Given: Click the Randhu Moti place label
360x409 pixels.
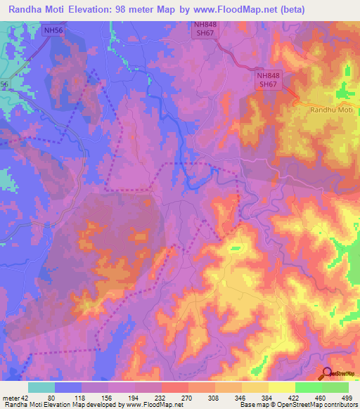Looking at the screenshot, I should [x=331, y=110].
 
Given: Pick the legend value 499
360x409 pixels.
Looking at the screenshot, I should [x=349, y=397].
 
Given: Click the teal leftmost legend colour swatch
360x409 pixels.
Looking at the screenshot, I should [x=41, y=387].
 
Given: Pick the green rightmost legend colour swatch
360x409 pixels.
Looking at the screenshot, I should [x=335, y=387].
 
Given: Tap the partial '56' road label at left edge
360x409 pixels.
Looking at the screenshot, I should [x=4, y=84].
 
